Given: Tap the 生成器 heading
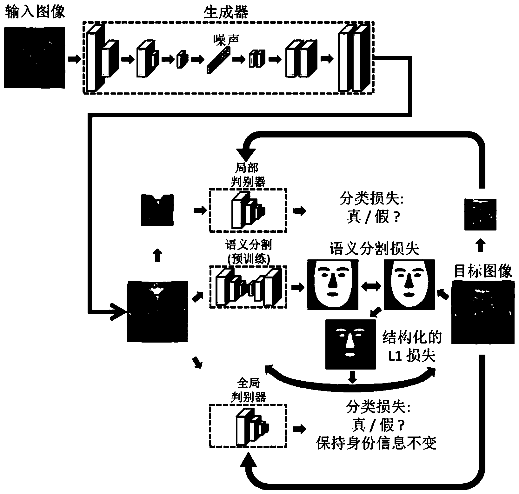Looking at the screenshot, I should coord(225,13).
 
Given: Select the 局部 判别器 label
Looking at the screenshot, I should coord(249,175).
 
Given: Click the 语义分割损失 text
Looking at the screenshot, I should coord(374,249).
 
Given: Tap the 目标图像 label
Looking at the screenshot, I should coord(483,271).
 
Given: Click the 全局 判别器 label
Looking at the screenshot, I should coord(249,390).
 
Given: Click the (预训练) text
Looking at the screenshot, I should coord(249,260).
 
